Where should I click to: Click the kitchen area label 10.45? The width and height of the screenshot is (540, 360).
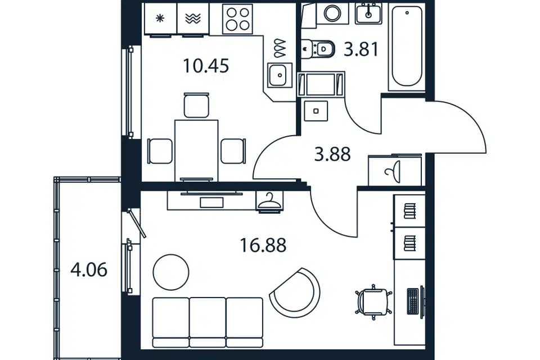click(x=206, y=66)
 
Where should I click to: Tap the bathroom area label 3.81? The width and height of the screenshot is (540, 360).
click(x=361, y=49)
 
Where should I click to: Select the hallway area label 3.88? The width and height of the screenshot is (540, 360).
click(x=332, y=154)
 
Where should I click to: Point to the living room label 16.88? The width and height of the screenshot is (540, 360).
click(x=263, y=246)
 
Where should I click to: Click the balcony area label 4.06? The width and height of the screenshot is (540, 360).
click(x=89, y=269)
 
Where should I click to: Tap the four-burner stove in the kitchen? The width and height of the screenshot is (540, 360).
click(x=237, y=19)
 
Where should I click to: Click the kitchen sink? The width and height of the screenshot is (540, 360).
click(x=280, y=74)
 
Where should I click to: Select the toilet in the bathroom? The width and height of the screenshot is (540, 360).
click(x=318, y=49)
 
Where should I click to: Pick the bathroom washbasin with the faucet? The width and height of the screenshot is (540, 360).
click(x=368, y=14)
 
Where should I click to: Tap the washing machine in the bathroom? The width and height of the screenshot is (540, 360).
click(x=332, y=13)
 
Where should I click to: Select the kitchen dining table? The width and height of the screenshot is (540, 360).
click(x=196, y=150)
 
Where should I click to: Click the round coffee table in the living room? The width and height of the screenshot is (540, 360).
click(x=171, y=272)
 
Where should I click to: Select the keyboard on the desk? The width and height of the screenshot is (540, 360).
click(x=412, y=301)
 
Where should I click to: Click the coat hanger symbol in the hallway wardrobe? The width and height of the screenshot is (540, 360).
click(x=269, y=201)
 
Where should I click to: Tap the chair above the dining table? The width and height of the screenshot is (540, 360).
click(x=196, y=105)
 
